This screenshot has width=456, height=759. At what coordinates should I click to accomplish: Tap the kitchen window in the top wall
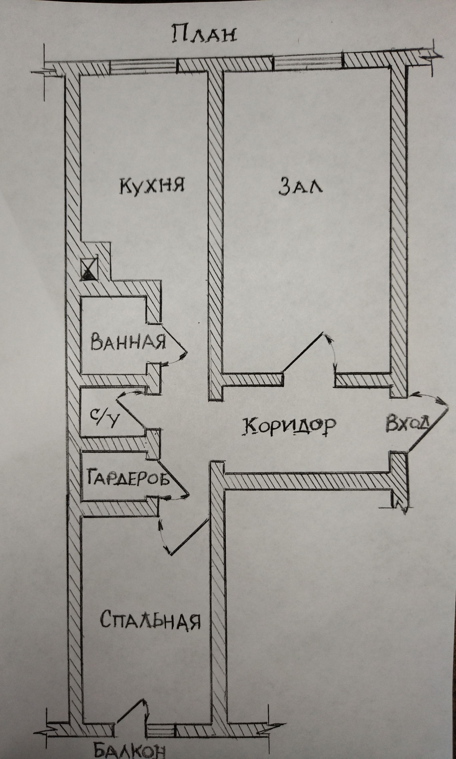[144, 66]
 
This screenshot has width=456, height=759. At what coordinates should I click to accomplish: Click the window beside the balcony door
[160, 726]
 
